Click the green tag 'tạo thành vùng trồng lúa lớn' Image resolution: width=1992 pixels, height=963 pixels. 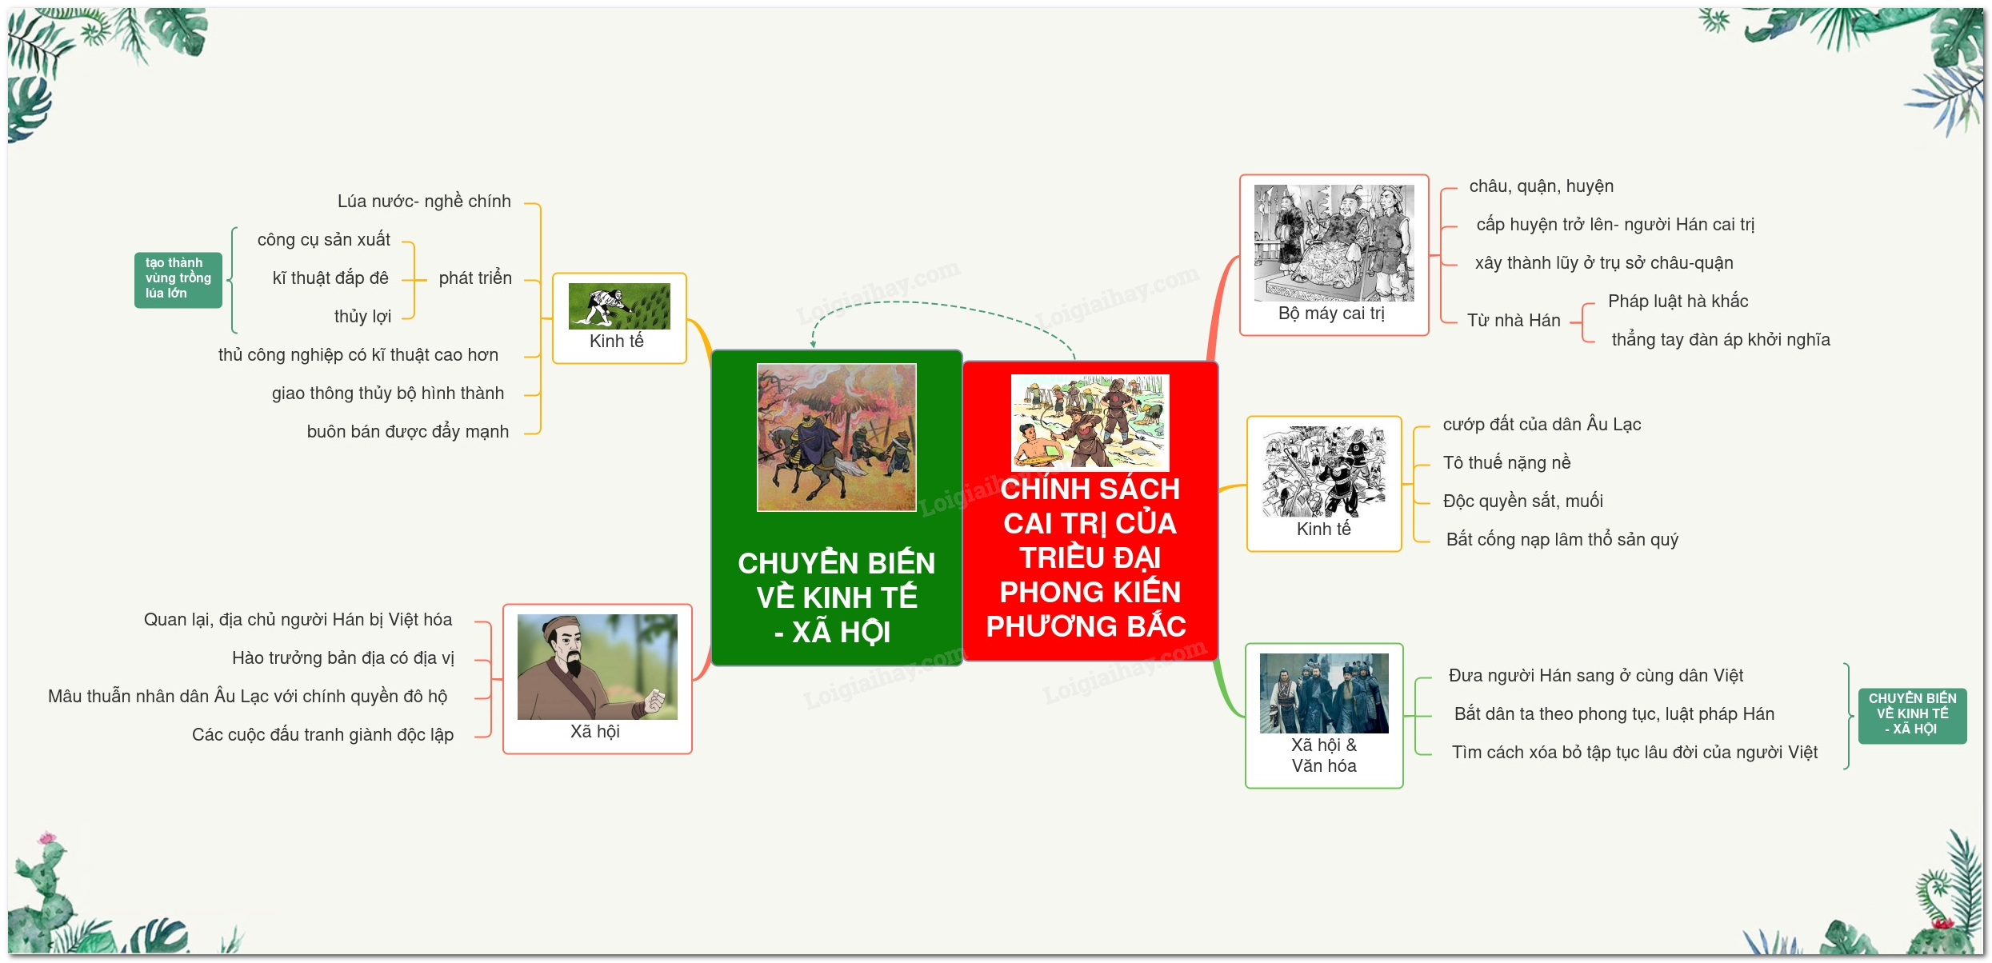pyautogui.click(x=178, y=279)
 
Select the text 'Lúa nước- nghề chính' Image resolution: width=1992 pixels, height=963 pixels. pyautogui.click(x=424, y=202)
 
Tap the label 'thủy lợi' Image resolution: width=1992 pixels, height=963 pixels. pyautogui.click(x=362, y=317)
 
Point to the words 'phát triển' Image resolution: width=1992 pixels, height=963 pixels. pyautogui.click(x=475, y=278)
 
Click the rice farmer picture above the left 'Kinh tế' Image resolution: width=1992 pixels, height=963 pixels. pyautogui.click(x=619, y=306)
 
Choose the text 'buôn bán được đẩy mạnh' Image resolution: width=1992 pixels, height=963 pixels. pyautogui.click(x=408, y=432)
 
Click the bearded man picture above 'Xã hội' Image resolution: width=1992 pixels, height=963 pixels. pyautogui.click(x=597, y=667)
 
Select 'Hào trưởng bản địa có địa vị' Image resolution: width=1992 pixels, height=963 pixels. pyautogui.click(x=343, y=658)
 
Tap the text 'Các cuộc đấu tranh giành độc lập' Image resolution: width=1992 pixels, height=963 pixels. pyautogui.click(x=322, y=735)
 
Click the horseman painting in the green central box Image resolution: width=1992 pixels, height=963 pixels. pyautogui.click(x=837, y=438)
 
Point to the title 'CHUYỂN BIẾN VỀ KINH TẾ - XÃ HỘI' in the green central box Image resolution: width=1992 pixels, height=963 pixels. pyautogui.click(x=837, y=597)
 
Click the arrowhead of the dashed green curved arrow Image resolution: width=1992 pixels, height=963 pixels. pyautogui.click(x=813, y=345)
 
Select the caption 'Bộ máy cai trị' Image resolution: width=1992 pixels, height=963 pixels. pyautogui.click(x=1331, y=314)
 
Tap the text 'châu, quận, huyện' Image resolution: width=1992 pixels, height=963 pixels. pyautogui.click(x=1542, y=186)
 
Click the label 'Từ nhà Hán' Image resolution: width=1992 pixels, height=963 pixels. pyautogui.click(x=1514, y=321)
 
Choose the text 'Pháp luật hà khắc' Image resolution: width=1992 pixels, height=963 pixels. pyautogui.click(x=1678, y=302)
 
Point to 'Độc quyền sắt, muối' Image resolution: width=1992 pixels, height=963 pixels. pyautogui.click(x=1523, y=501)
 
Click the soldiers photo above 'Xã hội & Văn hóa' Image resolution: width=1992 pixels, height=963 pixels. pyautogui.click(x=1324, y=693)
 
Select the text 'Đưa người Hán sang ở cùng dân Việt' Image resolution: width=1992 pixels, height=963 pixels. pyautogui.click(x=1596, y=676)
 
